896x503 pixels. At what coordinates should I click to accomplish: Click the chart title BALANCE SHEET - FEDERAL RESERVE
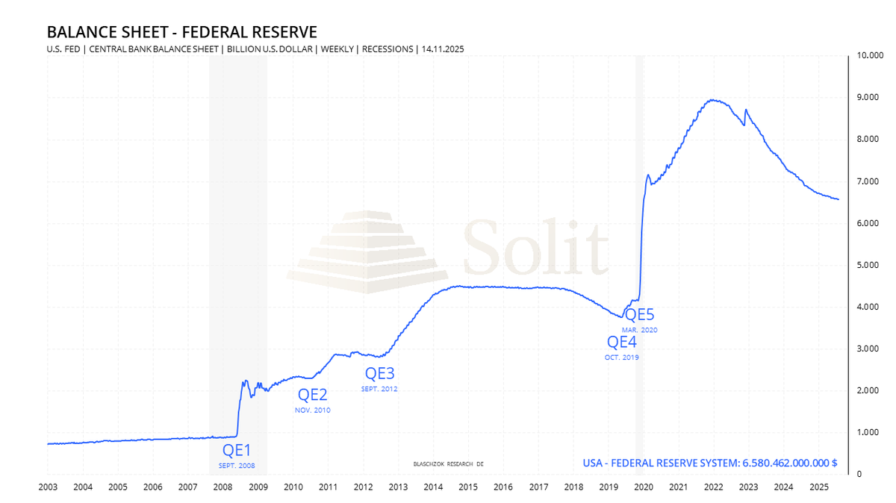[x=181, y=32]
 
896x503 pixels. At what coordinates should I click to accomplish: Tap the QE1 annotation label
[x=237, y=451]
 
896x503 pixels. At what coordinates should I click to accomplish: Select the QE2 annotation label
[x=313, y=396]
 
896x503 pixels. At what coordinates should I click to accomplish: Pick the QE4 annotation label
[x=622, y=343]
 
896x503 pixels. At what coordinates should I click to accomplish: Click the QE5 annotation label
[x=639, y=314]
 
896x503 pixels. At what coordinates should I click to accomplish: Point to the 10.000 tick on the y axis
[x=869, y=56]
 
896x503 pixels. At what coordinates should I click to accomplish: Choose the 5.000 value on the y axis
[x=869, y=265]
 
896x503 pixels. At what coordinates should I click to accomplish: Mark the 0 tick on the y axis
[x=859, y=474]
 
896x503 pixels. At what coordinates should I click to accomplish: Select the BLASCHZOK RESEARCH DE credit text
[x=448, y=464]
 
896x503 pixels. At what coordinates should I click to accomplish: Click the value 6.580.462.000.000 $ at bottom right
[x=789, y=463]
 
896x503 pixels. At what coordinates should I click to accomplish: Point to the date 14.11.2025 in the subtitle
[x=445, y=49]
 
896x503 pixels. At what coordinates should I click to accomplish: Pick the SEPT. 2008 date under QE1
[x=237, y=466]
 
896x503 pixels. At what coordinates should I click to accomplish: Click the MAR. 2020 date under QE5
[x=639, y=329]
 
